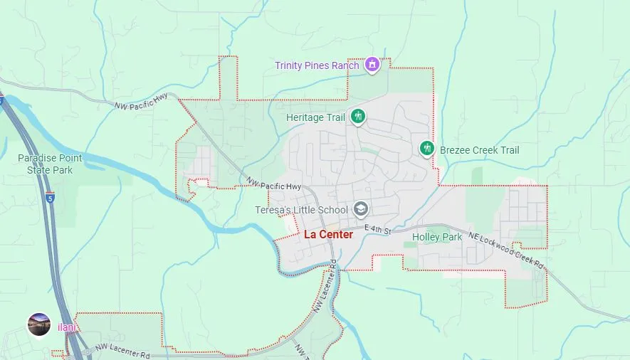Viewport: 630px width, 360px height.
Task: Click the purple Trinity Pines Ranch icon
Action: (371, 65)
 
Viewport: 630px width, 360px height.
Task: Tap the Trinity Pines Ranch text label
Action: (317, 65)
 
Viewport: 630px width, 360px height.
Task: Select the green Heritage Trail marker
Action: (357, 117)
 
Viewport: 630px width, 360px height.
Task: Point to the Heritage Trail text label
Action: (315, 117)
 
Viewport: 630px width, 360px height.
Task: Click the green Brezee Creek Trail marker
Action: (426, 148)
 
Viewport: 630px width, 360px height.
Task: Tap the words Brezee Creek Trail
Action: (479, 150)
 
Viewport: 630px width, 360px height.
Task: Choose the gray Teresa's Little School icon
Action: (361, 208)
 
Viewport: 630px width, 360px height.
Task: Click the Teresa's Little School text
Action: (302, 210)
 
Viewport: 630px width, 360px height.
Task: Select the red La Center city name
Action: (328, 234)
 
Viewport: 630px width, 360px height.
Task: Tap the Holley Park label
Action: (437, 237)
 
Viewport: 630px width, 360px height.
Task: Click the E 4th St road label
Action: (378, 229)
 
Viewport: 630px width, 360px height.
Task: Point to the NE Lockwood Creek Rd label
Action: (506, 251)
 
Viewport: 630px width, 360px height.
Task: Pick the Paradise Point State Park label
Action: (50, 164)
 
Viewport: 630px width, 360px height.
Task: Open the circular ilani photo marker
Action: (38, 324)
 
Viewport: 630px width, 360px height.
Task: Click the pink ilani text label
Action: (66, 328)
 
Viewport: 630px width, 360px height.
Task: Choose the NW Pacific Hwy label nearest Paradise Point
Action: (141, 102)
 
